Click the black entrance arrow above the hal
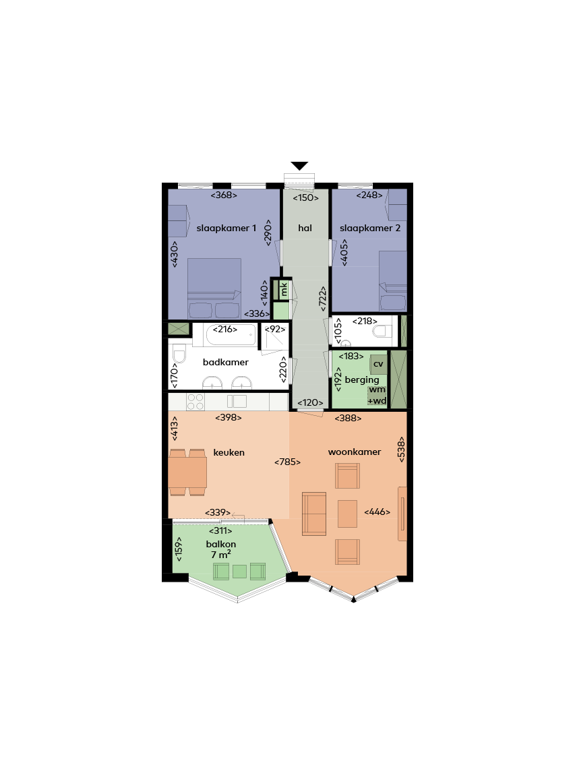(x=299, y=166)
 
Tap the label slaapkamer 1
(x=226, y=228)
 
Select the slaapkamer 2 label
(x=370, y=228)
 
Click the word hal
(x=305, y=228)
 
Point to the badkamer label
(x=226, y=362)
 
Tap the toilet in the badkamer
(x=179, y=354)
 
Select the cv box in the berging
(x=378, y=364)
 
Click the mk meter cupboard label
(x=284, y=290)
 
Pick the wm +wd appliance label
(x=377, y=395)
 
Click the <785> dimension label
(x=287, y=462)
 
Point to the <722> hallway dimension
(x=322, y=299)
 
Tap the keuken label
(x=229, y=452)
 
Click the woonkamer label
(x=355, y=452)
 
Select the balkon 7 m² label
(x=220, y=549)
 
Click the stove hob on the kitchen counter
(x=195, y=402)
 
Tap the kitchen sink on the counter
(x=237, y=401)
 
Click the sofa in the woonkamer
(x=314, y=514)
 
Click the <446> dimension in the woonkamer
(x=377, y=512)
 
